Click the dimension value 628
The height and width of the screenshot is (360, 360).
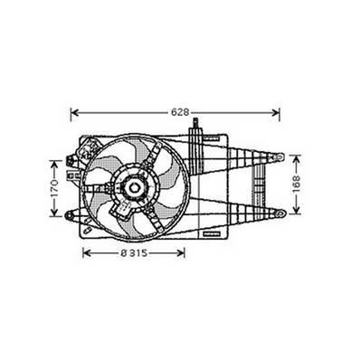click(x=181, y=112)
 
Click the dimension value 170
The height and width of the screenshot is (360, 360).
click(x=54, y=189)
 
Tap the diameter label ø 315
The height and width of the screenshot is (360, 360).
click(x=135, y=252)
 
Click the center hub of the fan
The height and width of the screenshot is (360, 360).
click(x=134, y=188)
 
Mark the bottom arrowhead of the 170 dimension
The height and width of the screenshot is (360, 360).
click(x=54, y=216)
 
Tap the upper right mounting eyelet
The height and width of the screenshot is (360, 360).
click(x=279, y=157)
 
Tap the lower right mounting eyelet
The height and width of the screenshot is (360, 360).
click(x=279, y=213)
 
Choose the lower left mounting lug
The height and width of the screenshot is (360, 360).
click(x=70, y=214)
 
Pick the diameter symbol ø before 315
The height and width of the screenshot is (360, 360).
click(x=122, y=252)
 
